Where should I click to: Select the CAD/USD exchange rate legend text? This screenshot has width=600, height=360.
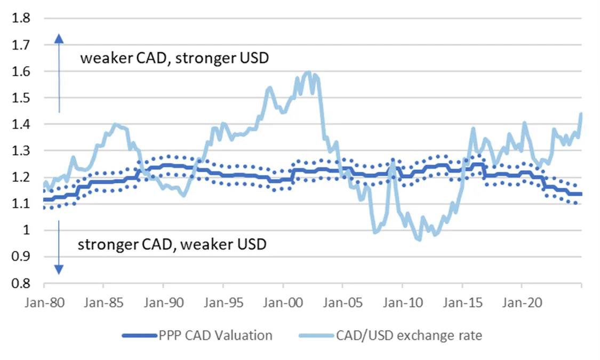coord(409,335)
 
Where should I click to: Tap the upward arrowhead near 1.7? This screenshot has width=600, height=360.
coord(59,38)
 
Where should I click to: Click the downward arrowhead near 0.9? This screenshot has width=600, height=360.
coord(59,269)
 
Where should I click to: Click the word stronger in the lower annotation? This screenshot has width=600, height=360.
coord(107,245)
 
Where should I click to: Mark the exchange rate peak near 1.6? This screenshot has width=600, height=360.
coord(308,72)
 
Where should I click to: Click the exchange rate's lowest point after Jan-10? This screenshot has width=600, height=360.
coord(419,240)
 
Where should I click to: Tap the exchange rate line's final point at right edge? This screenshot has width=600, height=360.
coord(581,113)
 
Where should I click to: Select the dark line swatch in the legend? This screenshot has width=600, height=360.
coord(139,335)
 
